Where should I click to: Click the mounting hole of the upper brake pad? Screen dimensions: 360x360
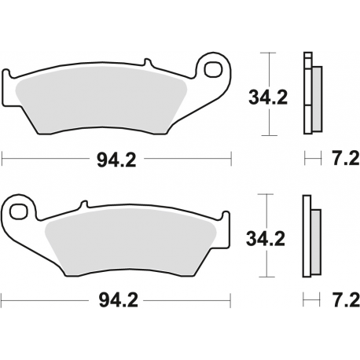(211, 71)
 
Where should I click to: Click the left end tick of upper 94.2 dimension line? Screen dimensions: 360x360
(2, 160)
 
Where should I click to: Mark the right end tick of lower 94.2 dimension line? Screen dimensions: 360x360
(233, 300)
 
